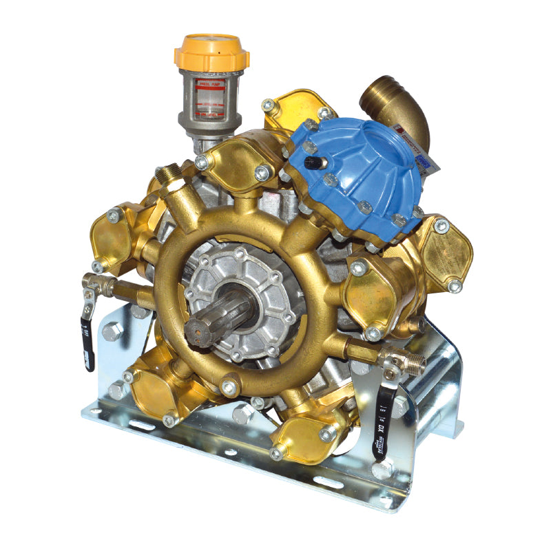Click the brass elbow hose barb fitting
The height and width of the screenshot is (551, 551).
point(397,103)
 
